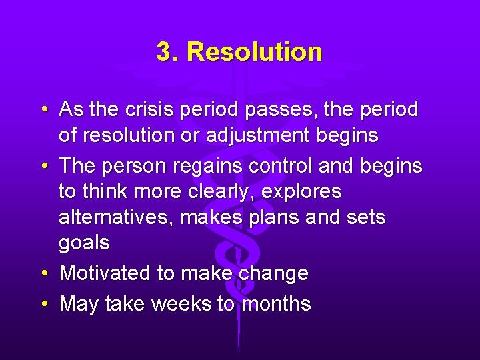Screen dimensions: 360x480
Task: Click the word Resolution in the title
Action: click(x=255, y=52)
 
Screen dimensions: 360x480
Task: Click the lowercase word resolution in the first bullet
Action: click(x=133, y=136)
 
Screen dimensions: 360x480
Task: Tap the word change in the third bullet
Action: click(x=273, y=273)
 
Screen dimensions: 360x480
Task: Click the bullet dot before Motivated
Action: click(x=44, y=273)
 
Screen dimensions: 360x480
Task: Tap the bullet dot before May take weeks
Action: click(x=44, y=304)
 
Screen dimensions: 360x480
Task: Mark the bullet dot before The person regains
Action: click(x=44, y=165)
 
